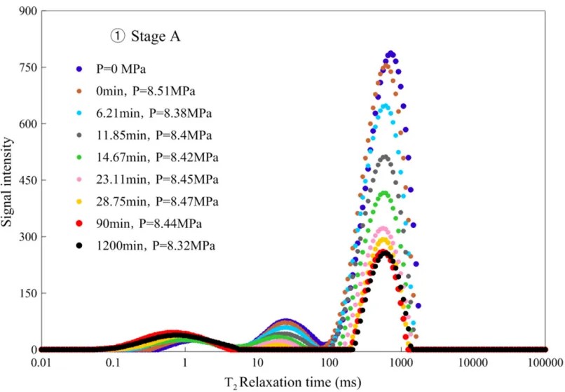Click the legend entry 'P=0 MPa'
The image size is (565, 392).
(x=123, y=68)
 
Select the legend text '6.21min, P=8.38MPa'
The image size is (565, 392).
(x=151, y=113)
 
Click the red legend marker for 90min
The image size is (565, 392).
(x=80, y=224)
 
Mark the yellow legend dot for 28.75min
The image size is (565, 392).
(x=80, y=202)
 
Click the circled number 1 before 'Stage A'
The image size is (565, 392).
(x=111, y=36)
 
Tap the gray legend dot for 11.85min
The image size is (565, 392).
(x=80, y=135)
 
